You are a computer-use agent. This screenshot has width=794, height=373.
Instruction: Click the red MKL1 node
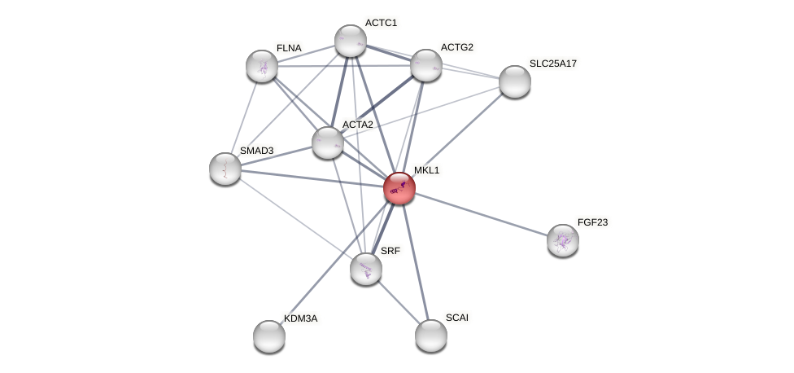[399, 188]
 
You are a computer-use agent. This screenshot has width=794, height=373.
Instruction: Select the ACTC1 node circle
[351, 41]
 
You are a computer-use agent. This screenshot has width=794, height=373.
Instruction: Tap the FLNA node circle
[262, 66]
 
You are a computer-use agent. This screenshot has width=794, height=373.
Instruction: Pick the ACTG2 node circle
[425, 65]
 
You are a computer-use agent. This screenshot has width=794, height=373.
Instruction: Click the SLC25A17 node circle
[514, 81]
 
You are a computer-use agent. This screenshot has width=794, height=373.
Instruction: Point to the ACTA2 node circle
[327, 143]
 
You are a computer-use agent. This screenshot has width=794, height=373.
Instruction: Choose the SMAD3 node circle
[225, 169]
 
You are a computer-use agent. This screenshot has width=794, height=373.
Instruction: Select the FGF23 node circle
[562, 240]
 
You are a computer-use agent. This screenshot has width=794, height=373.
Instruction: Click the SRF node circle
[366, 269]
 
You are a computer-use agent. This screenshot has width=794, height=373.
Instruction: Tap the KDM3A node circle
[269, 336]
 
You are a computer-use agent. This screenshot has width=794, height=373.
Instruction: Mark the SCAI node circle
[430, 335]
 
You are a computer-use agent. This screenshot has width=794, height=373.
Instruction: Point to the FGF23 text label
[591, 222]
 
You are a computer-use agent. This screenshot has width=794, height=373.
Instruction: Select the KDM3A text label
[300, 318]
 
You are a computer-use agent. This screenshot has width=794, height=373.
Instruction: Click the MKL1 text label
[426, 170]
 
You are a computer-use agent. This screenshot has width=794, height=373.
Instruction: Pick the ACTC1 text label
[381, 23]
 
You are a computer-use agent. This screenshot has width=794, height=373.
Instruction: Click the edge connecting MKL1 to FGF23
[481, 214]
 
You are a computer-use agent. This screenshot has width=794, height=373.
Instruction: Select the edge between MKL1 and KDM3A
[334, 262]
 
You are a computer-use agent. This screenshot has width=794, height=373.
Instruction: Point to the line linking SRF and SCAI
[399, 302]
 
